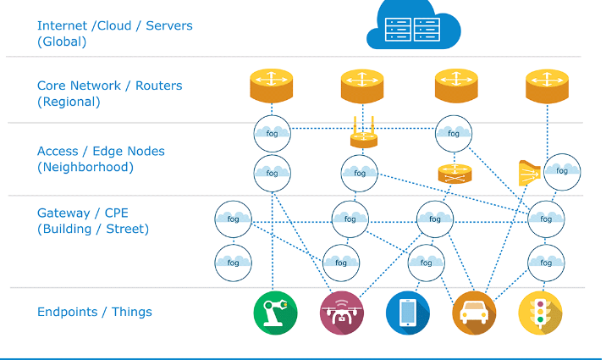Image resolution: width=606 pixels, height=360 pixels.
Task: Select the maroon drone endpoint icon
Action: pos(342,313)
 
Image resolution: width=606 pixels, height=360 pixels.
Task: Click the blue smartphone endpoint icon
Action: pos(408,313)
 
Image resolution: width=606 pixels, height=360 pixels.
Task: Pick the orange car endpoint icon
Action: pos(474,313)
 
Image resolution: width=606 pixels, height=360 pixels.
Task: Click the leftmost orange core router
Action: pos(271,86)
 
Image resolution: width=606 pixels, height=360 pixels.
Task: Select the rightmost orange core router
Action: pos(547,86)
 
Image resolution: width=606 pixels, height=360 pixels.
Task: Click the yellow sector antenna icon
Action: pos(529,173)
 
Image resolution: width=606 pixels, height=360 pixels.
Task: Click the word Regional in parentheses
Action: pos(69,102)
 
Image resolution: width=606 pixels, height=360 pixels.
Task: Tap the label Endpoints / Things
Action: pos(95,312)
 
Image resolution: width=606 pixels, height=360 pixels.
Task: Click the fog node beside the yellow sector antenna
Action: pos(561,171)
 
